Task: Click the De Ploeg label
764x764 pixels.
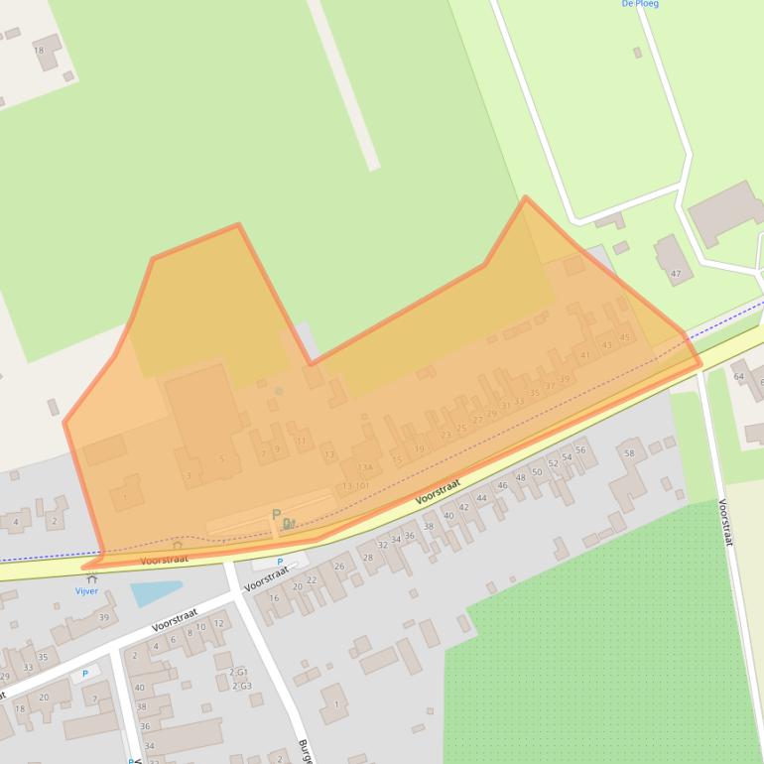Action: pos(640,4)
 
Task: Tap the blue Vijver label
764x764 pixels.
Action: pos(87,591)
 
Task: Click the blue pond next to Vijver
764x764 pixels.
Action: pos(155,593)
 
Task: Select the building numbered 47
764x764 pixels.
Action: pos(676,274)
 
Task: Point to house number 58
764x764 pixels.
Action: pos(628,453)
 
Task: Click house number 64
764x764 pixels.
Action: pos(738,377)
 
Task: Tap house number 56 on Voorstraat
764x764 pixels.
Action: pos(580,449)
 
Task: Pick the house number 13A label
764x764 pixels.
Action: pos(364,467)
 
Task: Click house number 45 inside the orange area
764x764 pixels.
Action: pos(624,337)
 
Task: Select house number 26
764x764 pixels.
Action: pos(339,566)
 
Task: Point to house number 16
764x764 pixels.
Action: pos(274,598)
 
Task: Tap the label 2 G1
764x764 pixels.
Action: pos(239,672)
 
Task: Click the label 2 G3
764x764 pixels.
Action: pos(241,686)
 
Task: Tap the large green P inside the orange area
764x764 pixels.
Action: pos(276,515)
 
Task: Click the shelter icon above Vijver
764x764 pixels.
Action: pos(92,578)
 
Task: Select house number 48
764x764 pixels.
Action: pos(520,477)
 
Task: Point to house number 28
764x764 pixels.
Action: pos(368,558)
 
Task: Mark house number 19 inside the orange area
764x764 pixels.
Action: pos(419,448)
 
